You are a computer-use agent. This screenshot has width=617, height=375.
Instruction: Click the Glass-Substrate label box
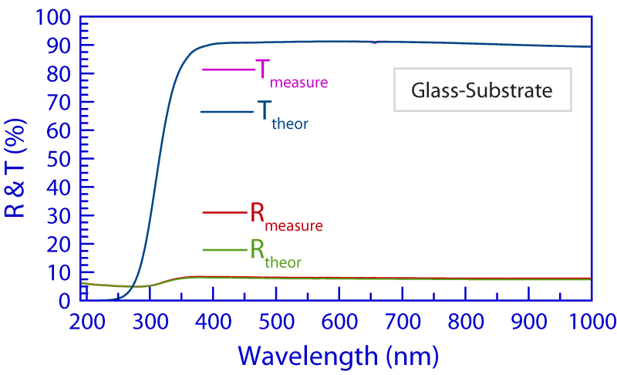tap(482, 90)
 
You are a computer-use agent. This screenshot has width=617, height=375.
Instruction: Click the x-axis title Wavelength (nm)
tap(339, 355)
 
